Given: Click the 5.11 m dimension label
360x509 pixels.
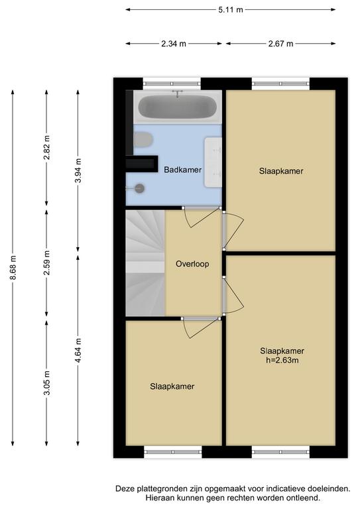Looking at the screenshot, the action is click(231, 10).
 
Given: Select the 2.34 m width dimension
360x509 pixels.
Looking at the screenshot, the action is click(174, 44).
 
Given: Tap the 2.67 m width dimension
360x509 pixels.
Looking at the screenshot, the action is click(281, 44).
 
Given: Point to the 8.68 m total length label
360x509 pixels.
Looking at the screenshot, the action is click(13, 268).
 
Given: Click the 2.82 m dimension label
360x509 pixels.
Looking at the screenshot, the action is click(47, 148).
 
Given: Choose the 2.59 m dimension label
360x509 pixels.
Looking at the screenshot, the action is click(47, 263).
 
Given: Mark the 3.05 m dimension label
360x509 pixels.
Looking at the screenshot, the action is click(47, 383).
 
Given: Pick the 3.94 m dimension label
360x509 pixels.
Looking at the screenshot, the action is click(78, 170).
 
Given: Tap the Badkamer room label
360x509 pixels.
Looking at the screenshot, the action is click(182, 170).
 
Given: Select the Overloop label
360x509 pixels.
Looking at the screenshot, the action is click(192, 264).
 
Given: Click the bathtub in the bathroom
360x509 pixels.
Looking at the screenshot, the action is click(178, 107).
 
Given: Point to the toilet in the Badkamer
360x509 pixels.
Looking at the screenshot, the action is click(143, 140).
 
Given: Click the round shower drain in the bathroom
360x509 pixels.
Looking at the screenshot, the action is click(140, 188).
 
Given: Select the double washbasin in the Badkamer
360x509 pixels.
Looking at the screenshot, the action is click(213, 162).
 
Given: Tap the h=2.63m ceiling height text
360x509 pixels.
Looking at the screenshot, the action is click(282, 360).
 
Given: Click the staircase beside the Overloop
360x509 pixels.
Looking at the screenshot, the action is click(145, 263).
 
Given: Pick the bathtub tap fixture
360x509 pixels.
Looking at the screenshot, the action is click(177, 94).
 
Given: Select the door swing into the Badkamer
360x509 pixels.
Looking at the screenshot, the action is click(202, 217).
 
